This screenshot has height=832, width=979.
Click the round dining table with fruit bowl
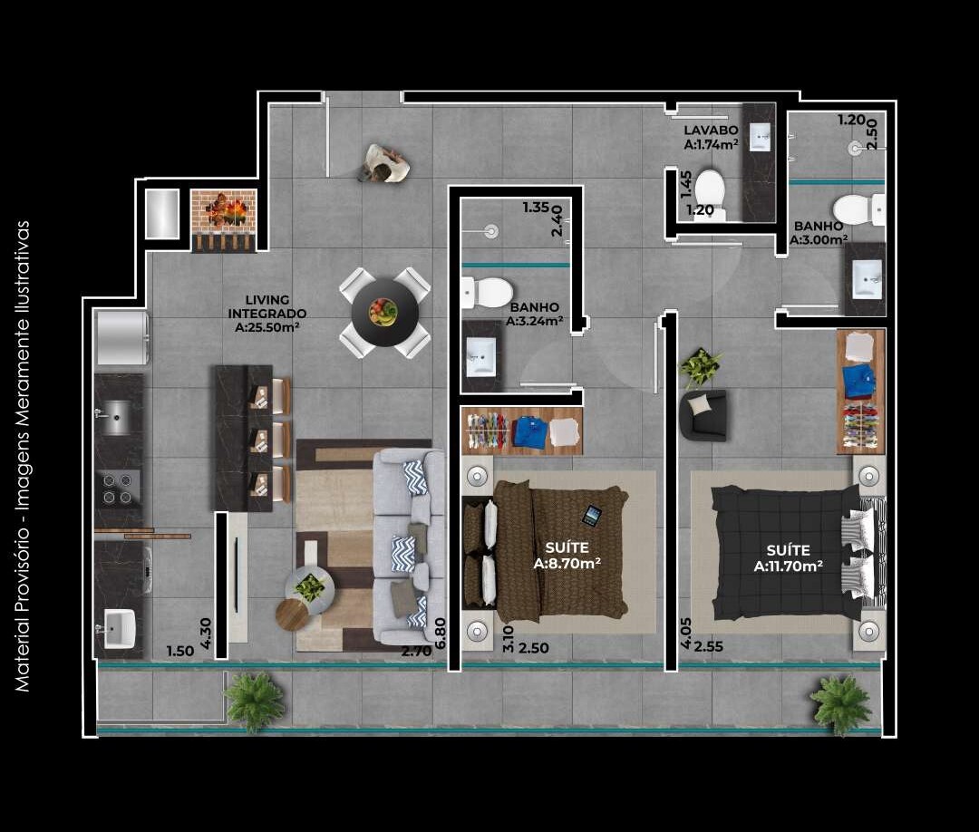(x=385, y=313)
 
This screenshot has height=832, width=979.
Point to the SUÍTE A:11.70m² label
(x=788, y=558)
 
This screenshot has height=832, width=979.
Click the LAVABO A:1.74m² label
(x=711, y=137)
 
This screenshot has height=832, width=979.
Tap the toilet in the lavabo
(x=709, y=189)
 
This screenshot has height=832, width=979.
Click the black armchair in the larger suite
(x=703, y=414)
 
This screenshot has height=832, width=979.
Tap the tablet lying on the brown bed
(x=591, y=516)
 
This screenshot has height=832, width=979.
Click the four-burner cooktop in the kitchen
(x=119, y=489)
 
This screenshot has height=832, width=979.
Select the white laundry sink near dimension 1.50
(x=120, y=627)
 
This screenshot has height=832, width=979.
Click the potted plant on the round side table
(x=310, y=588)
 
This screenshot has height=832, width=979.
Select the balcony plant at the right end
(x=841, y=703)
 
